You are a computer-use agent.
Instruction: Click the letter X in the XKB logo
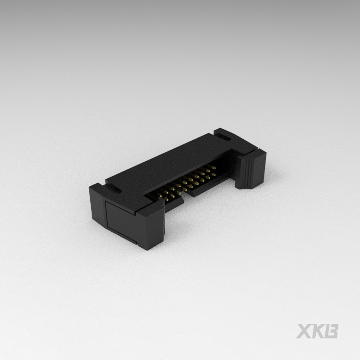[x=304, y=331]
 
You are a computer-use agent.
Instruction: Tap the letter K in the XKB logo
[x=319, y=331]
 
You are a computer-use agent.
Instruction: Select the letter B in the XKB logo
[x=332, y=331]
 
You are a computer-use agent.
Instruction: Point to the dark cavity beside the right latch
[x=230, y=168]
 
